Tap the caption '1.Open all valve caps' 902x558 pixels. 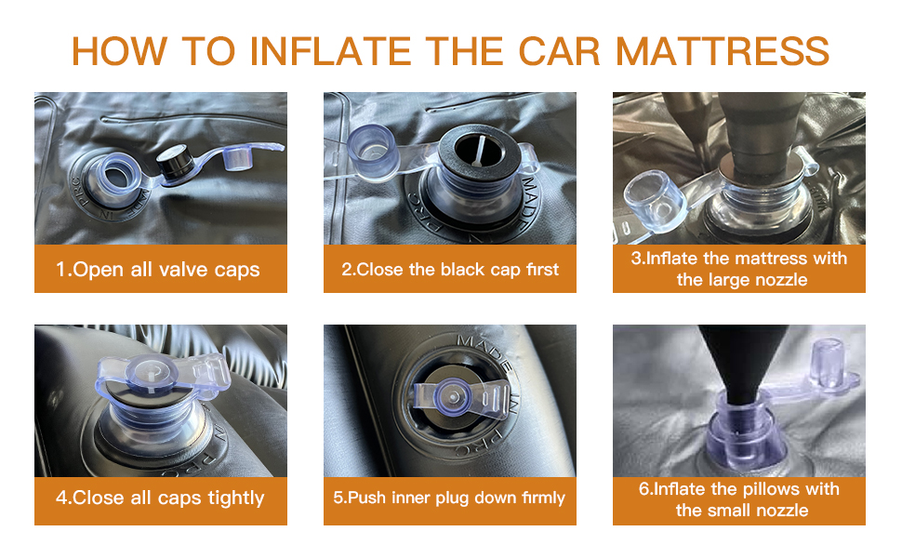tap(158, 270)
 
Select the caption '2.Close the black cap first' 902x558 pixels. tap(450, 270)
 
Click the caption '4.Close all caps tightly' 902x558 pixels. tap(160, 498)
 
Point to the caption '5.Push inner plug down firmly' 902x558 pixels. tap(449, 498)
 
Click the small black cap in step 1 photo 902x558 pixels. tap(173, 162)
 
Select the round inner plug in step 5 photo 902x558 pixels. tap(450, 395)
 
